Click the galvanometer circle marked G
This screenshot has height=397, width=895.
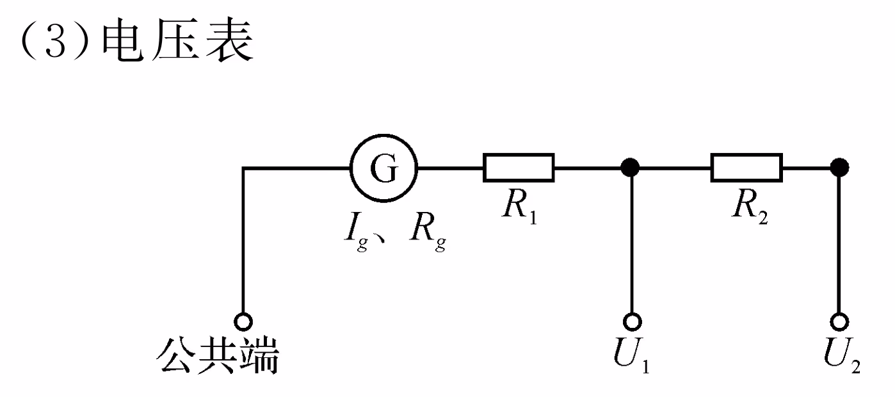pyautogui.click(x=383, y=168)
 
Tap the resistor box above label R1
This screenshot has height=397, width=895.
pyautogui.click(x=519, y=168)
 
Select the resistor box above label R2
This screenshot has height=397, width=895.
pyautogui.click(x=746, y=168)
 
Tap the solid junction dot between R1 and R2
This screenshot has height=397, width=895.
pyautogui.click(x=631, y=168)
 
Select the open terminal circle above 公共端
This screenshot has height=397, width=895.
pyautogui.click(x=243, y=321)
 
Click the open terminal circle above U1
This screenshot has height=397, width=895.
pyautogui.click(x=631, y=321)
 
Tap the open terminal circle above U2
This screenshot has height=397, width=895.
pyautogui.click(x=840, y=321)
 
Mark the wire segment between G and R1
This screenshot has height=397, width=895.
pyautogui.click(x=450, y=168)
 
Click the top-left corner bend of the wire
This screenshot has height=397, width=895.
pyautogui.click(x=243, y=168)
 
